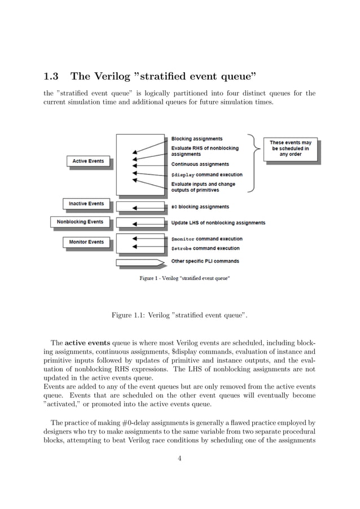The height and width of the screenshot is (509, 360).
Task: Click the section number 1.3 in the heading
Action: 54,77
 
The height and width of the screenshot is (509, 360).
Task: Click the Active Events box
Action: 88,161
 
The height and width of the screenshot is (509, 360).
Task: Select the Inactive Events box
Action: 86,203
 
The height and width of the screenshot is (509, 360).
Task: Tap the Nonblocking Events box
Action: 80,222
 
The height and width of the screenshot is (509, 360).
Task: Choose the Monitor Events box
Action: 86,242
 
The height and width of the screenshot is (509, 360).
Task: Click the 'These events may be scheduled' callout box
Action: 290,148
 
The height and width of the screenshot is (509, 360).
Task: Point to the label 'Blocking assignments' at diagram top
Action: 196,139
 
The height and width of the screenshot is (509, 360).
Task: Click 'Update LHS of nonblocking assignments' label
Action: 218,223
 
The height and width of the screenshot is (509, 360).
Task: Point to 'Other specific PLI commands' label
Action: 205,261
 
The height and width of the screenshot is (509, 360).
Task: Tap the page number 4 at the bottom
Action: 179,458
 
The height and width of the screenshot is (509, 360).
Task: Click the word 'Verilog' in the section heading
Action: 124,77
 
